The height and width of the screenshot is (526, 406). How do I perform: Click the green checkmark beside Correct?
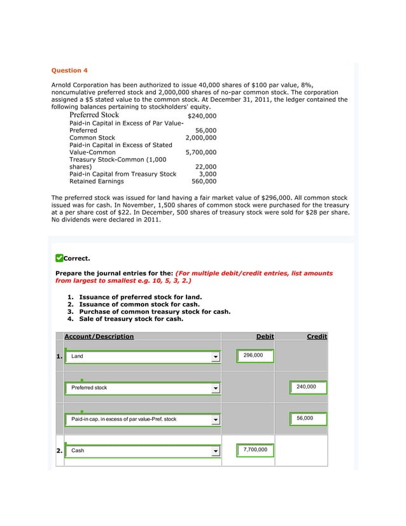(59, 258)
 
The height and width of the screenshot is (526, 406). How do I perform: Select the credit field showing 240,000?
(308, 387)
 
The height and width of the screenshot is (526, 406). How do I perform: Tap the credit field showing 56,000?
(308, 418)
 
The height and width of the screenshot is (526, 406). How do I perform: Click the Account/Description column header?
(99, 336)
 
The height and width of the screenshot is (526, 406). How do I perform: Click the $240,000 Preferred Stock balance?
(202, 117)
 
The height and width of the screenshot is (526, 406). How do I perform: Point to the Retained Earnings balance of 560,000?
(204, 181)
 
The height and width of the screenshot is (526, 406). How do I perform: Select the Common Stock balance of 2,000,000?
(200, 137)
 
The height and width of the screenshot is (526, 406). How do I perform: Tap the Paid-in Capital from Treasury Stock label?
(122, 173)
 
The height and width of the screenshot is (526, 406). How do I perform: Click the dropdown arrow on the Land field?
(216, 357)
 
